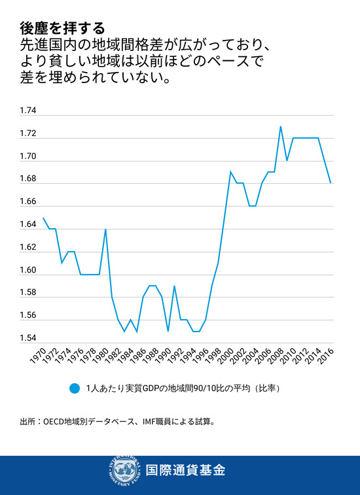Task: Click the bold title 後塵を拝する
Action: [x=62, y=27]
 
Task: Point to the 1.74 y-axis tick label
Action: [x=27, y=111]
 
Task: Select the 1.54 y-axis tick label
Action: [x=27, y=339]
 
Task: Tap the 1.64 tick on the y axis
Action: [x=27, y=225]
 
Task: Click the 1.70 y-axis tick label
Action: [x=27, y=156]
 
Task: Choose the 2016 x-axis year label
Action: [x=328, y=357]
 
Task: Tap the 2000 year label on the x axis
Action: [x=228, y=357]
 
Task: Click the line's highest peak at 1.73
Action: [x=281, y=126]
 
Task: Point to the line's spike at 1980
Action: [x=105, y=229]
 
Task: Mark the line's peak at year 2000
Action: [x=230, y=171]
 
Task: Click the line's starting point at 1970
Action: [x=43, y=218]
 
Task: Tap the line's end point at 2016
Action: [x=331, y=183]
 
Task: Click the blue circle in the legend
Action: [x=74, y=388]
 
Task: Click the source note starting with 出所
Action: [x=117, y=422]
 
